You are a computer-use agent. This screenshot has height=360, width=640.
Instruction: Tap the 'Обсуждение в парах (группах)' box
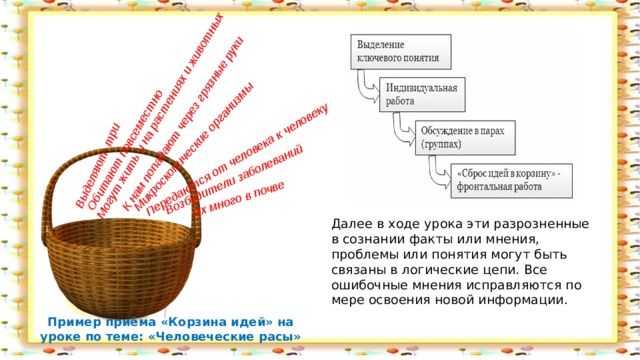pyautogui.click(x=455, y=137)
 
